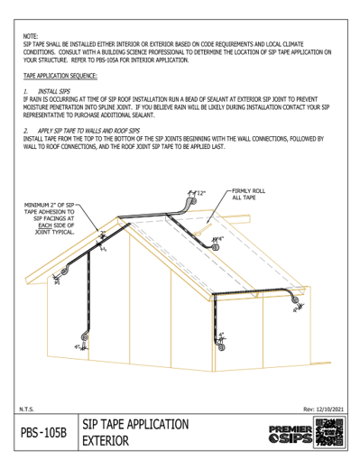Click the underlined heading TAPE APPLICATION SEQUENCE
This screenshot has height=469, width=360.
coord(62,75)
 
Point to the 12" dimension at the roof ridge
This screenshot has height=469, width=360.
coord(199,193)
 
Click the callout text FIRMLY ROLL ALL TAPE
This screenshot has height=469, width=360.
coord(248,196)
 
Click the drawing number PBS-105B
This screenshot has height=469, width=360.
coord(44,434)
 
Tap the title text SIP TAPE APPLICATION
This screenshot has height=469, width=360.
coord(135,424)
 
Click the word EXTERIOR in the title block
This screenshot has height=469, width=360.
coord(107,442)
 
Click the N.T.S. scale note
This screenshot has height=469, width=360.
coord(27,409)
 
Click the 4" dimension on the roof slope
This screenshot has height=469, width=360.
coord(219,239)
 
